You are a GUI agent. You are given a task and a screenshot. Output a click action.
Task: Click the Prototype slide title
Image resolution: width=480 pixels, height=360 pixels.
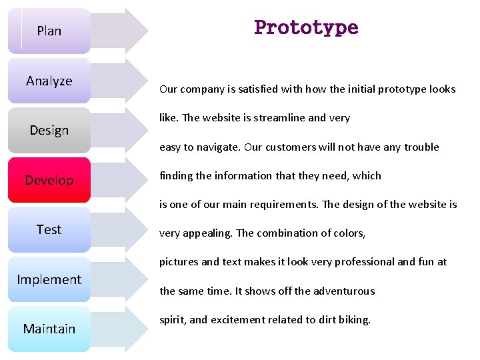click(x=306, y=28)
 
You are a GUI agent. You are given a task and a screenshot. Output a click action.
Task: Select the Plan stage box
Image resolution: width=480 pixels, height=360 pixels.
click(x=49, y=31)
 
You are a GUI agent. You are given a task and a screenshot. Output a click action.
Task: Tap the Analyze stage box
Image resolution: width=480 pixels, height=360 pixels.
click(x=49, y=81)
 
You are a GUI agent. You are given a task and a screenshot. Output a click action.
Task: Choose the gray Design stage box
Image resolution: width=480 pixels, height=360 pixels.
click(x=49, y=130)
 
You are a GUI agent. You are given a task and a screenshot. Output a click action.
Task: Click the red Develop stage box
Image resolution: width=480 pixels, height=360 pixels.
click(x=49, y=180)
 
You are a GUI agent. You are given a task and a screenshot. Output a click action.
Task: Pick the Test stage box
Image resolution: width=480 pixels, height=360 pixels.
click(x=49, y=230)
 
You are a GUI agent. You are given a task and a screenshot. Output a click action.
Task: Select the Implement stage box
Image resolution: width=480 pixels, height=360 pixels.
click(x=49, y=279)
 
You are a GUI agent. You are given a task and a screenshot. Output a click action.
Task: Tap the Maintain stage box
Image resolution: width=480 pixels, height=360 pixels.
click(x=49, y=329)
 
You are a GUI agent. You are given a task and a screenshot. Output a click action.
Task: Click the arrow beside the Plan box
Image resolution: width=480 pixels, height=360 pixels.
click(x=120, y=31)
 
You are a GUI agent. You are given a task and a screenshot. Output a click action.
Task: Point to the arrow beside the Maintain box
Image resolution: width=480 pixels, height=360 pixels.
click(x=120, y=329)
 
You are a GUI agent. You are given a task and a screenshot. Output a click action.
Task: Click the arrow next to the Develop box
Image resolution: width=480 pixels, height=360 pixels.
click(x=120, y=180)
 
